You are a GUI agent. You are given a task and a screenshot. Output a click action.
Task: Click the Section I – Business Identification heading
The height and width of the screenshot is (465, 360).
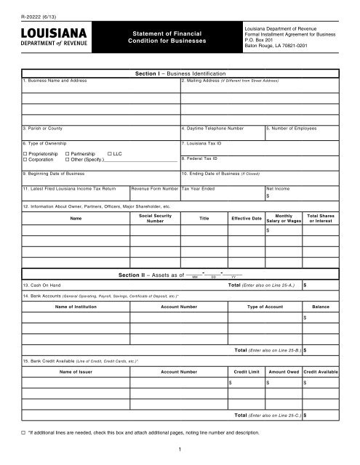pyautogui.click(x=180, y=73)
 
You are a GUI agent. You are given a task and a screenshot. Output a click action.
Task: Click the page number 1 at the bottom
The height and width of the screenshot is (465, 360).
pyautogui.click(x=180, y=450)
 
